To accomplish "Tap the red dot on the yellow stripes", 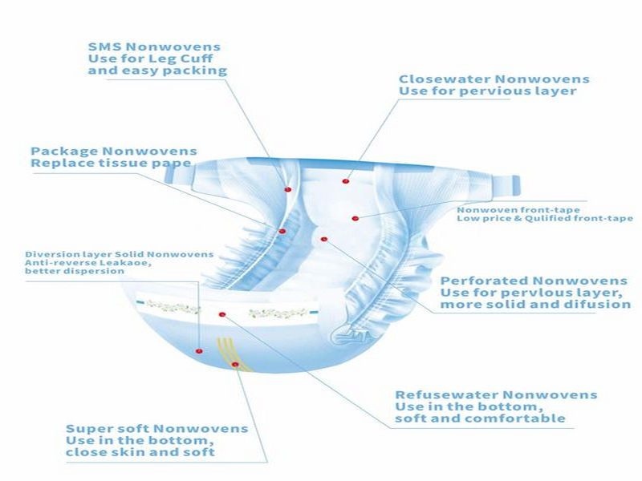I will (x=235, y=364).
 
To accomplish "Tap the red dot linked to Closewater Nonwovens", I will (x=345, y=181).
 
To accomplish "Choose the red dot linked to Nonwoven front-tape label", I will (x=354, y=217).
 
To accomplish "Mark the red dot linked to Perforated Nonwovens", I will (x=323, y=239).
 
